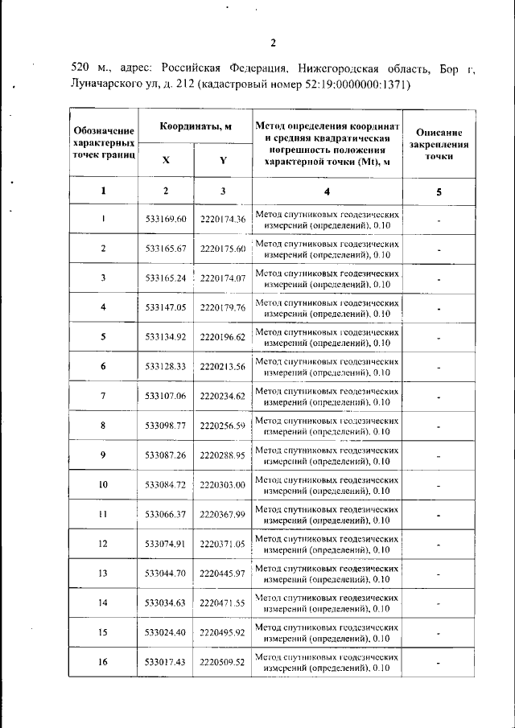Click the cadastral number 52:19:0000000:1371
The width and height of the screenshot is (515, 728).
(x=355, y=84)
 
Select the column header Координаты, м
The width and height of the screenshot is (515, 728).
(x=195, y=127)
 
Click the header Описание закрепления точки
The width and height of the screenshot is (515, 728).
(x=439, y=144)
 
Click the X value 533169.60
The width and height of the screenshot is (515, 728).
(x=166, y=219)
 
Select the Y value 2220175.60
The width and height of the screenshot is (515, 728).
(x=223, y=249)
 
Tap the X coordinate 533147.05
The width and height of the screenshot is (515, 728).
(x=166, y=307)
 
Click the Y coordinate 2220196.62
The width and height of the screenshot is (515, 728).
(x=223, y=337)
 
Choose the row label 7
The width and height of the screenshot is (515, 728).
(x=103, y=396)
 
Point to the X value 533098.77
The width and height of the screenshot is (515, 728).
(x=166, y=426)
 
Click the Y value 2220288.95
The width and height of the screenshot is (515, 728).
(x=223, y=455)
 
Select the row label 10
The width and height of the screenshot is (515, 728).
(x=103, y=485)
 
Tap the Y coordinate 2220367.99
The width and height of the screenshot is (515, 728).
(x=223, y=515)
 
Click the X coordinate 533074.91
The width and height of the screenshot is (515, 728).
(x=166, y=545)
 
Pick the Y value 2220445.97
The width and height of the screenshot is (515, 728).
(x=223, y=574)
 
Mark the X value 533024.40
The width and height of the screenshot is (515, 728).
(x=166, y=633)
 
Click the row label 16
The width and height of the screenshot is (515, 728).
(x=103, y=662)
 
